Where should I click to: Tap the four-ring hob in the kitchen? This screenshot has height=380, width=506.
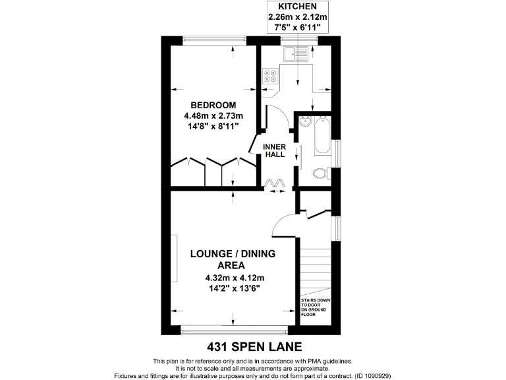coord(270,77)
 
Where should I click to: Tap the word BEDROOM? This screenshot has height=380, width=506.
coord(213,106)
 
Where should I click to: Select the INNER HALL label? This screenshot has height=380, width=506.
coord(274,150)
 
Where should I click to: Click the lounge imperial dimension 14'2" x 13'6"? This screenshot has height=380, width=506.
coord(233,288)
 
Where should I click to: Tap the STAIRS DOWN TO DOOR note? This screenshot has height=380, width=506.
coord(316,307)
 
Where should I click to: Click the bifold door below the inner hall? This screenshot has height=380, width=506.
coord(274,182)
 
